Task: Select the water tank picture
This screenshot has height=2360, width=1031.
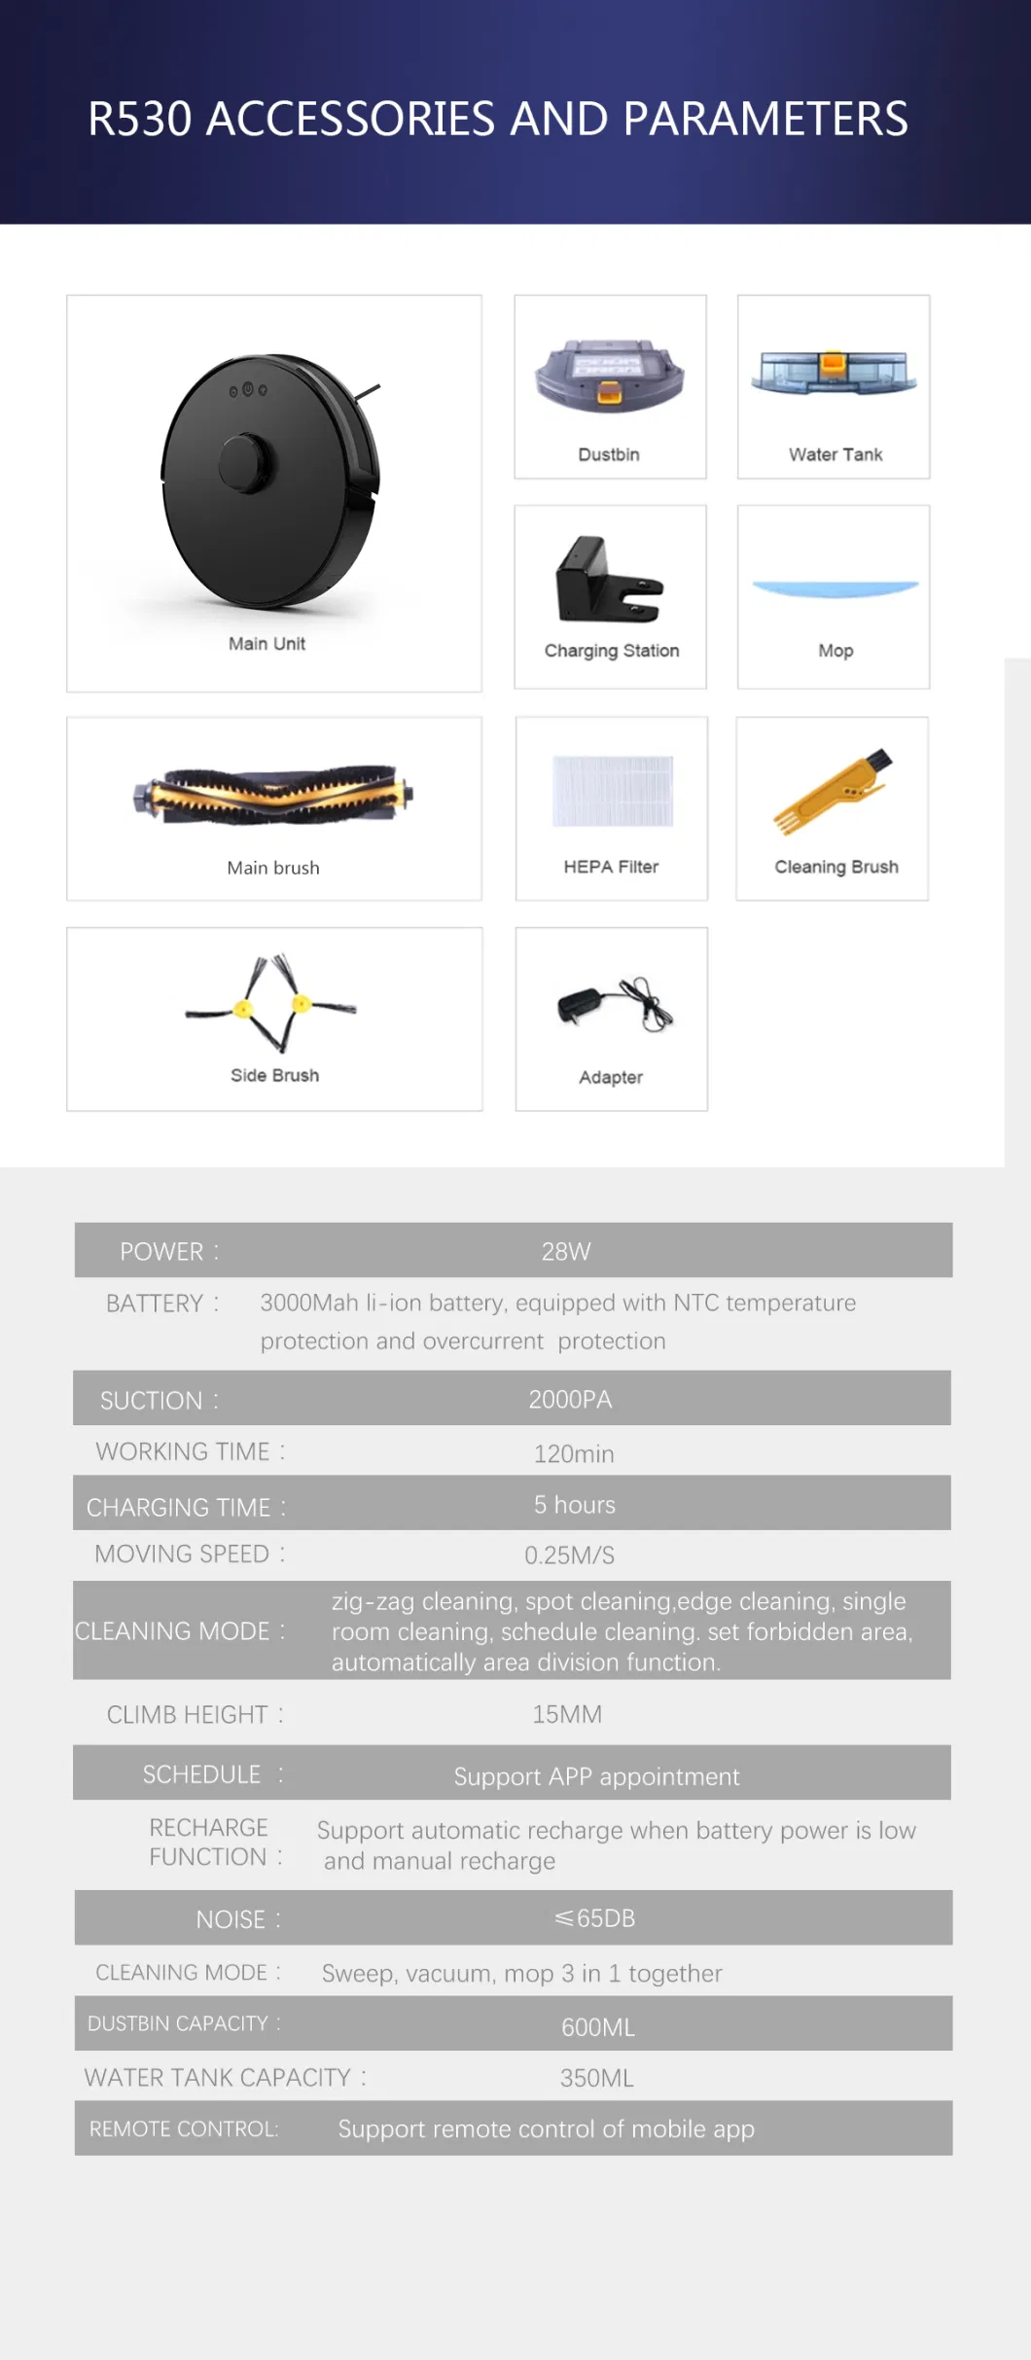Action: (x=834, y=373)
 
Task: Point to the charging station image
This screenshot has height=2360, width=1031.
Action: (x=608, y=581)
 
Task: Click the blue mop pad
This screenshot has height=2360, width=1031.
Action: (x=835, y=589)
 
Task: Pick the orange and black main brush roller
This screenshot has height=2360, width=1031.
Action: (x=273, y=795)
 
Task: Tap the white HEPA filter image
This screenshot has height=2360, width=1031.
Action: (x=612, y=790)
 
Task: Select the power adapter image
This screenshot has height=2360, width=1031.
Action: (x=613, y=1004)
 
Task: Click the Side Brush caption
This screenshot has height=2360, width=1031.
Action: (x=274, y=1075)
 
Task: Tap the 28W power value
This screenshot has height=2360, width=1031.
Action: (x=566, y=1251)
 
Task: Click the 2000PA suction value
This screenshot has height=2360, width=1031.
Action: (x=570, y=1400)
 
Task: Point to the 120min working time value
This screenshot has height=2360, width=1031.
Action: (x=574, y=1454)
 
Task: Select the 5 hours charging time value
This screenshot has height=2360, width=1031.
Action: (x=574, y=1505)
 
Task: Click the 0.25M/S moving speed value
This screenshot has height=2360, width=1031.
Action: (x=569, y=1555)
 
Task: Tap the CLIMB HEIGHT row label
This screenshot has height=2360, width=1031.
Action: (x=188, y=1715)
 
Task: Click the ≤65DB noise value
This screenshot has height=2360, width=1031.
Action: (x=594, y=1918)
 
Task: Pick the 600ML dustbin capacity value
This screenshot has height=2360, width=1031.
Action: (x=597, y=2027)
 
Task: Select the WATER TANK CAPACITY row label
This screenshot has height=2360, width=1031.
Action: (x=218, y=2078)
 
